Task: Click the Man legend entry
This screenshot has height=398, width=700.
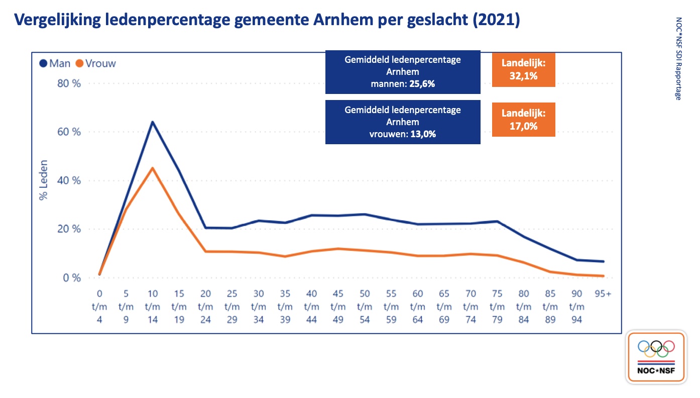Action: tap(55, 64)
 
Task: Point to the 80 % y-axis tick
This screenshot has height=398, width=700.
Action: tap(69, 83)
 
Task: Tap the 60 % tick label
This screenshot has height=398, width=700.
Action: tap(69, 132)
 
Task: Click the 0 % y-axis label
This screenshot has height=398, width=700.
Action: tap(71, 277)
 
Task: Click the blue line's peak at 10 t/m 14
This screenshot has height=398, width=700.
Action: tap(152, 122)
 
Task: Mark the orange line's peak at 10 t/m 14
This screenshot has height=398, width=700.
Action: tap(152, 168)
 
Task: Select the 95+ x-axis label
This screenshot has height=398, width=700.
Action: tap(602, 293)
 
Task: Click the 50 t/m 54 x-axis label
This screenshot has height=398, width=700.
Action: tap(365, 306)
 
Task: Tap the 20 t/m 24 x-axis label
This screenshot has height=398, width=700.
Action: tap(206, 306)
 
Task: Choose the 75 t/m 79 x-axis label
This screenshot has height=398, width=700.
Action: tap(497, 306)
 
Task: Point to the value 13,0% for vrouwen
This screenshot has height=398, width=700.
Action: tap(421, 134)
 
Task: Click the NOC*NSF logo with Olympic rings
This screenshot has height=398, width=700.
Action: tap(656, 357)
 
